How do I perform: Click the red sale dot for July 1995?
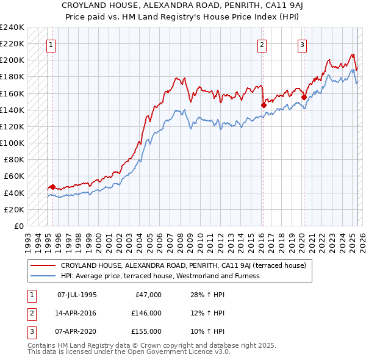[52, 187]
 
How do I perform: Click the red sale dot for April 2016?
[264, 105]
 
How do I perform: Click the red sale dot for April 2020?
[303, 96]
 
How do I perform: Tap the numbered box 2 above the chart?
[261, 44]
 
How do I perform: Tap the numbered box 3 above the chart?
[302, 44]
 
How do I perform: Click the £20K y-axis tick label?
[14, 209]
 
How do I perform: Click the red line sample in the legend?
[43, 265]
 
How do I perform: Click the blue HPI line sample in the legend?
[43, 276]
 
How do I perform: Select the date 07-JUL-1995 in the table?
[77, 295]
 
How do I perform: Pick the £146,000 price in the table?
[146, 313]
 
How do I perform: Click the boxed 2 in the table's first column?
[30, 313]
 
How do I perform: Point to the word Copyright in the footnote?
[175, 345]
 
